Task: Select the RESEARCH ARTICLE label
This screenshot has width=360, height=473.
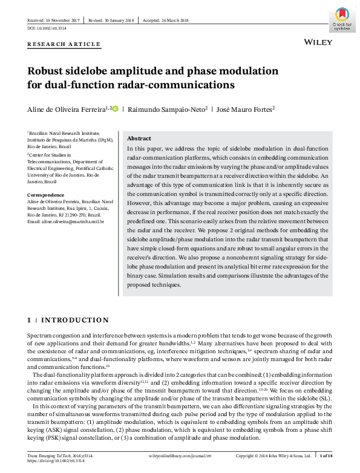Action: (64, 44)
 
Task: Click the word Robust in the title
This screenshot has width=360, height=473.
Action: (46, 71)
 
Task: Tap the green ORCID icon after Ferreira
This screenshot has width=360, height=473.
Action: (116, 109)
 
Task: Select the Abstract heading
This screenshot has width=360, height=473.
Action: (139, 139)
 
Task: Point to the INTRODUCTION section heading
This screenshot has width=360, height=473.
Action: (75, 320)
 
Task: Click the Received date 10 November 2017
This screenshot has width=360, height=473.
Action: (54, 20)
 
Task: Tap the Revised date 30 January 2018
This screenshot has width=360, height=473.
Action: (112, 20)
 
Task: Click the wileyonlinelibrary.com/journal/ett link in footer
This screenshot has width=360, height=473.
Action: (178, 454)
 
